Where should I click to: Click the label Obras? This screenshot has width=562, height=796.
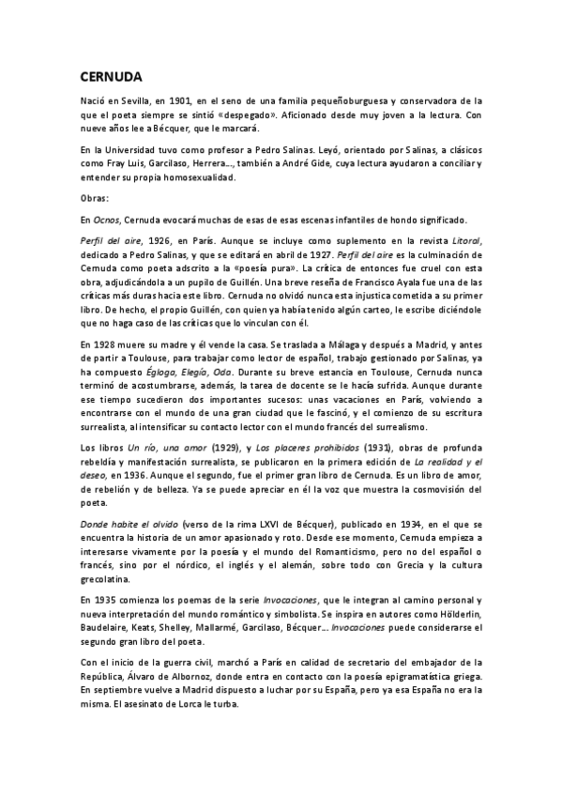pos(95,198)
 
